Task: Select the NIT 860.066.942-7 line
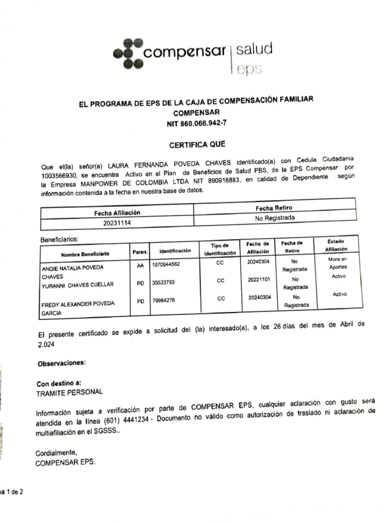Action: click(197, 124)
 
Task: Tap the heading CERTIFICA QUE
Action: click(197, 144)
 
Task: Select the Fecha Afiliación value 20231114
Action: click(117, 223)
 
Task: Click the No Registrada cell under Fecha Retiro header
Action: click(275, 218)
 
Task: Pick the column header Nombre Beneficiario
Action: click(85, 254)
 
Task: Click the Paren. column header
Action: click(140, 252)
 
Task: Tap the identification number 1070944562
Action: click(166, 264)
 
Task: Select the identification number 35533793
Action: click(163, 281)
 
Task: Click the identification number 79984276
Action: click(163, 300)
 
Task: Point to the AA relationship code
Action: click(140, 266)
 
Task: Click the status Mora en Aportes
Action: click(337, 263)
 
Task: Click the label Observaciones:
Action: click(61, 363)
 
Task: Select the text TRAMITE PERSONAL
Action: click(69, 392)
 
